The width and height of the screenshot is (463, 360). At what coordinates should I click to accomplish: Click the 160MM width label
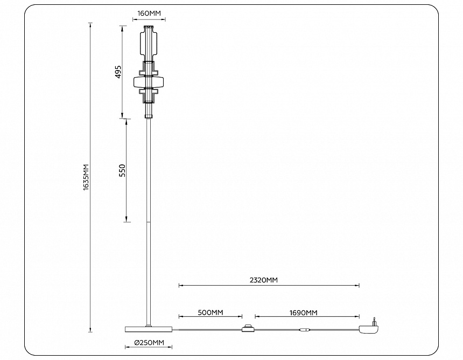point(148,12)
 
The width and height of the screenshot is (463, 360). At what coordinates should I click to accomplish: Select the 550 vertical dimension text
point(122,170)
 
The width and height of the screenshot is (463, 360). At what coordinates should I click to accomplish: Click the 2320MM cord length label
point(264,280)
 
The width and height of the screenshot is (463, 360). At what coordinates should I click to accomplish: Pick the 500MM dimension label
point(210,312)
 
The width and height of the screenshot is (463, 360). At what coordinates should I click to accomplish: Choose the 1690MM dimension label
point(303,312)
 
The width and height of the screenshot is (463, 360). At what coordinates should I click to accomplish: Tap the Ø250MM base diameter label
point(149,342)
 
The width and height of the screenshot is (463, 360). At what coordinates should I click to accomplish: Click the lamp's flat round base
point(149,329)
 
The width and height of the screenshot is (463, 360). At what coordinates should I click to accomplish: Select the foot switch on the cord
point(248,328)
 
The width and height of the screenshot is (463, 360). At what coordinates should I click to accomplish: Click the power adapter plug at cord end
point(369,328)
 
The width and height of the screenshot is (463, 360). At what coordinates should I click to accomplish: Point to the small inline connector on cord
point(304,330)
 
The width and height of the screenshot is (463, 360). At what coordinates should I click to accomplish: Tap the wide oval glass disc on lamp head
point(148,81)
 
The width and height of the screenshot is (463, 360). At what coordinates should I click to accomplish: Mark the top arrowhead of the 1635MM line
point(90,24)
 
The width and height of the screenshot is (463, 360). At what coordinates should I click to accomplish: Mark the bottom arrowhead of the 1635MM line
point(90,330)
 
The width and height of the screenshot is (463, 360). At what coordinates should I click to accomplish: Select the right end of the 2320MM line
point(359,286)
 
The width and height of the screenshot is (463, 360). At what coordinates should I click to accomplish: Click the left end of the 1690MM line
point(255,317)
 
